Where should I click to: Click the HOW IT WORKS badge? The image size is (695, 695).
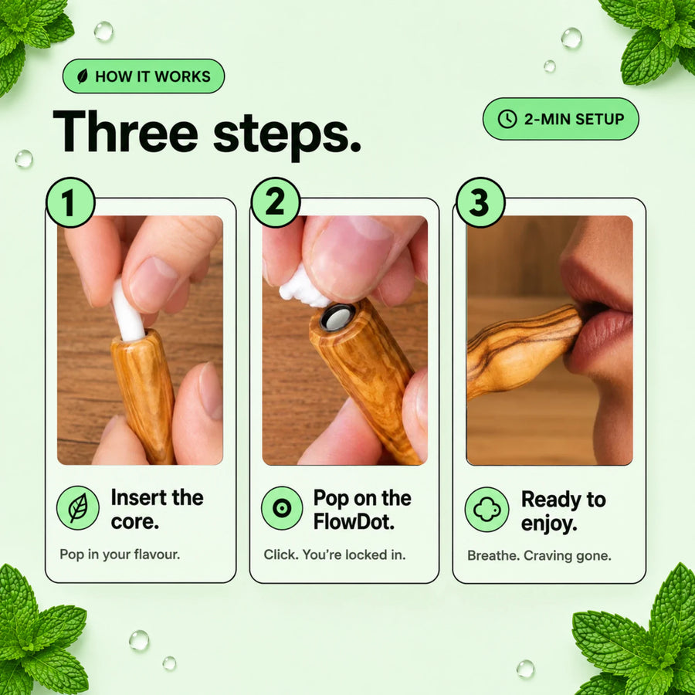pyautogui.click(x=144, y=76)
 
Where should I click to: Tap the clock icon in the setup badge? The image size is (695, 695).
pyautogui.click(x=507, y=119)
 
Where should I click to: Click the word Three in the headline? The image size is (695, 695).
pyautogui.click(x=125, y=131)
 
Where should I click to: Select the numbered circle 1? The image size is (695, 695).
pyautogui.click(x=70, y=202)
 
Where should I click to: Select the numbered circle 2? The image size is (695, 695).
pyautogui.click(x=275, y=202)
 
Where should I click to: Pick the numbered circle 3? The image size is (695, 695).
pyautogui.click(x=480, y=202)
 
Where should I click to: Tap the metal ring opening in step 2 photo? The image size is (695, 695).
pyautogui.click(x=337, y=317)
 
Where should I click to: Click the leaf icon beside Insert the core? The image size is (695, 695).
pyautogui.click(x=78, y=508)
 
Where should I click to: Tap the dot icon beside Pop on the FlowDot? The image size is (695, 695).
pyautogui.click(x=282, y=508)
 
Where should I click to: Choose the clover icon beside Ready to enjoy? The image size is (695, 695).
pyautogui.click(x=486, y=510)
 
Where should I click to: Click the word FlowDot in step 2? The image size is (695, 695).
pyautogui.click(x=354, y=522)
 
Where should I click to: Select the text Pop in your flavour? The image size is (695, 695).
pyautogui.click(x=120, y=554)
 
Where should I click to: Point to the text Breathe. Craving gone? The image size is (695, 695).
pyautogui.click(x=539, y=555)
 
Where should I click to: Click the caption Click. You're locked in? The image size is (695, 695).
pyautogui.click(x=334, y=554)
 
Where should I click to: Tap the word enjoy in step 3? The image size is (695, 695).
pyautogui.click(x=549, y=524)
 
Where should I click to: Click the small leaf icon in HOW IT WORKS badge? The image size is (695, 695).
pyautogui.click(x=83, y=76)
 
